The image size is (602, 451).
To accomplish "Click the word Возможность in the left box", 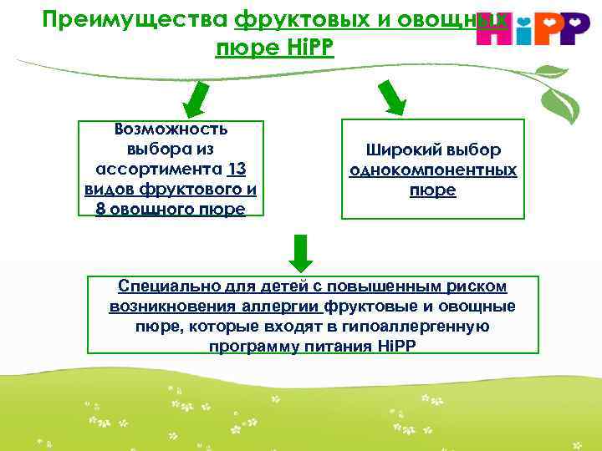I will pyautogui.click(x=171, y=129).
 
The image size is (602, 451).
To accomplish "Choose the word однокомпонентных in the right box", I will pyautogui.click(x=432, y=170).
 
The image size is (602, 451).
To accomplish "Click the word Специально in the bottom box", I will pyautogui.click(x=164, y=286).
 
